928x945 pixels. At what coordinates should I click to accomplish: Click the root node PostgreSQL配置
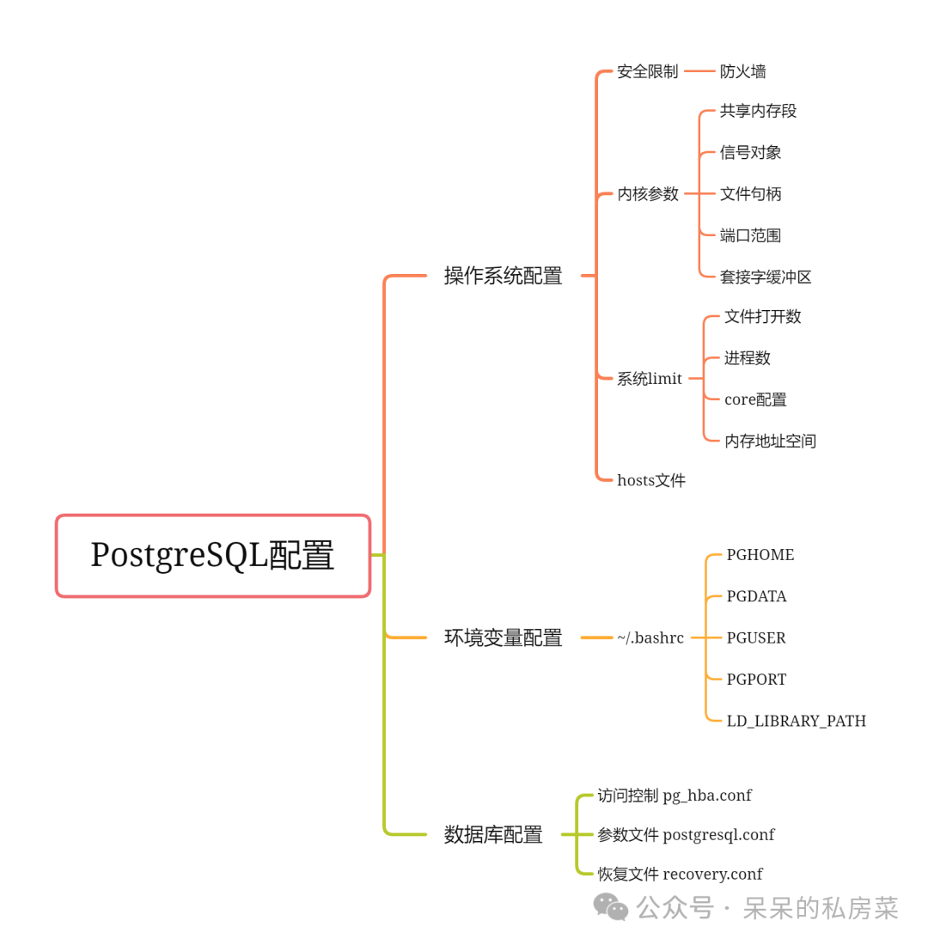click(x=212, y=556)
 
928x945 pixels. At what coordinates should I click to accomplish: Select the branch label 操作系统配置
click(x=503, y=276)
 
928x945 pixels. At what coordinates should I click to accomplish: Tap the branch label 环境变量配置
click(x=503, y=637)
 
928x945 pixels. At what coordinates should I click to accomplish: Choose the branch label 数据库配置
click(x=493, y=834)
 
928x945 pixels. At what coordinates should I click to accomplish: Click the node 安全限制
click(x=647, y=71)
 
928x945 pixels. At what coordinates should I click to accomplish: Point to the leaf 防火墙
click(x=742, y=71)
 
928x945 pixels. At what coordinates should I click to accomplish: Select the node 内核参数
click(x=648, y=194)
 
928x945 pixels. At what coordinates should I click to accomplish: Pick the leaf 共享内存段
click(x=758, y=111)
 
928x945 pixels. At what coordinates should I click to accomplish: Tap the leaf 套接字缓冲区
click(x=766, y=277)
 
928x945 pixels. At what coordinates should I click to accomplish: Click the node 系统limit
click(x=649, y=379)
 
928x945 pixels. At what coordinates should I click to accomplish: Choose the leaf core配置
click(x=755, y=399)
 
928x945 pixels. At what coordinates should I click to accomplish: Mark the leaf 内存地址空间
click(x=770, y=441)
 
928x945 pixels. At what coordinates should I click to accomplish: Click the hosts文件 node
click(x=650, y=480)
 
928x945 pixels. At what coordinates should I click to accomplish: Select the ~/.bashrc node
click(x=650, y=637)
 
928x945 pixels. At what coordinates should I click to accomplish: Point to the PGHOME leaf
click(x=760, y=555)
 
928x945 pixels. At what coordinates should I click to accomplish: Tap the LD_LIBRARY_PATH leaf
click(x=796, y=721)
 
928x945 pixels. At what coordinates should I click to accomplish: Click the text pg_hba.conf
click(x=706, y=796)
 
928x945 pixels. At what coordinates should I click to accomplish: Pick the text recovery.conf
click(x=712, y=874)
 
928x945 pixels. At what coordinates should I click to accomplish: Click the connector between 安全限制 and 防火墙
click(x=699, y=71)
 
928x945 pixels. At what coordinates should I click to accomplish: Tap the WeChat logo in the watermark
click(x=611, y=906)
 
